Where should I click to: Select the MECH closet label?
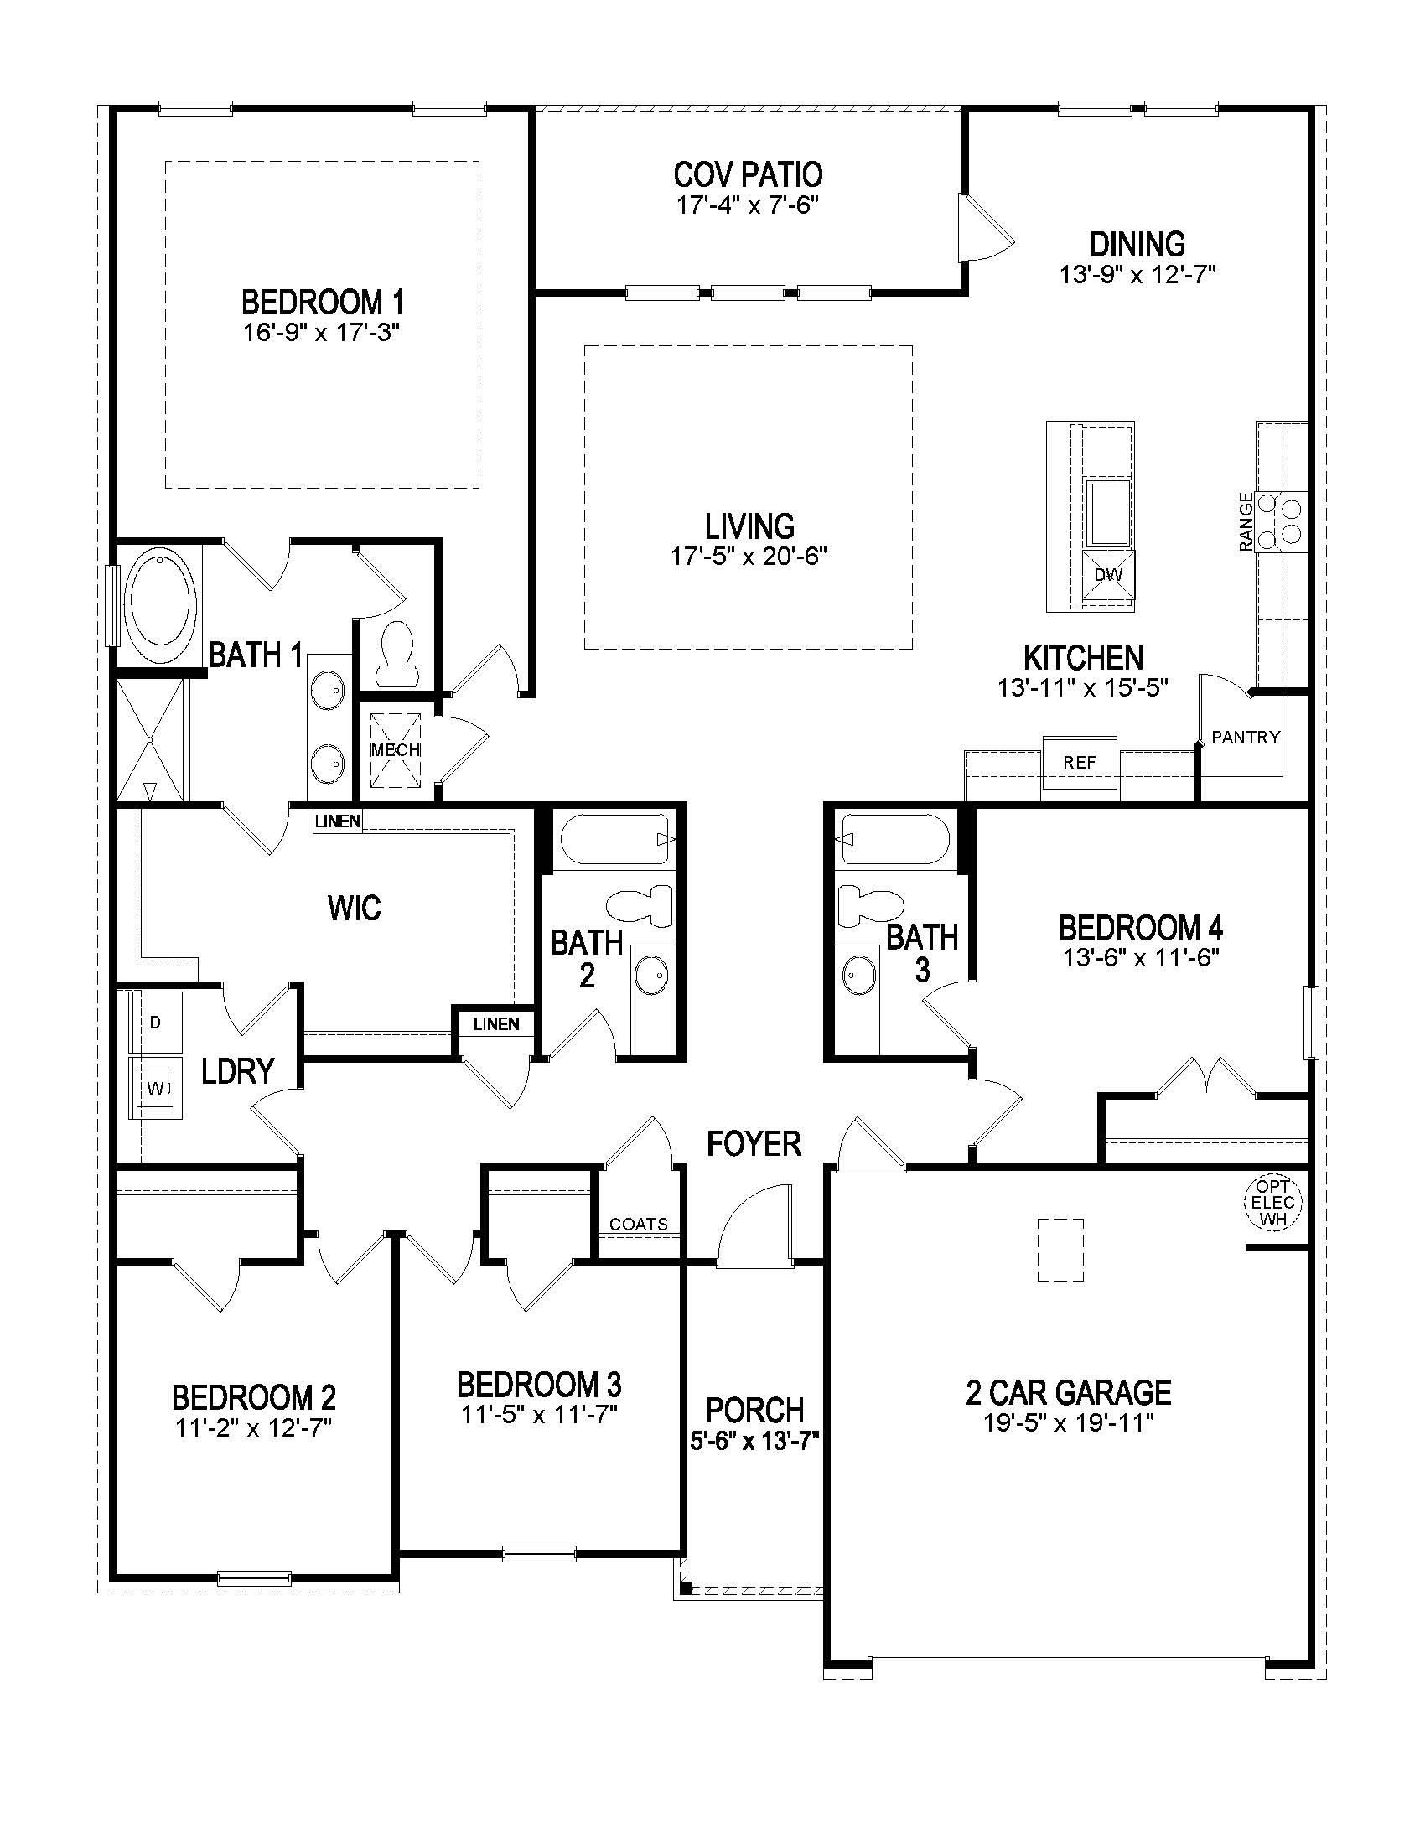click(x=395, y=750)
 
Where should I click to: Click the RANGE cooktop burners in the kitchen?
click(x=1280, y=521)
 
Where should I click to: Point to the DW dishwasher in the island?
click(x=1108, y=576)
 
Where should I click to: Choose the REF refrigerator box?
click(x=1079, y=763)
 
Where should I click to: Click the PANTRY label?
click(x=1245, y=737)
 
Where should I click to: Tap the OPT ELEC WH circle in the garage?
click(x=1272, y=1202)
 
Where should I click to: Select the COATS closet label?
click(x=638, y=1224)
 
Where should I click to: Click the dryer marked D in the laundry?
click(x=155, y=1023)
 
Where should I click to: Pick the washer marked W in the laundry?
click(x=155, y=1088)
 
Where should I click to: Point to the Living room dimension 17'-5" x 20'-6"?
click(x=748, y=557)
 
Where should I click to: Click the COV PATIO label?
click(x=747, y=175)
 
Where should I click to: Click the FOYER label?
click(x=753, y=1144)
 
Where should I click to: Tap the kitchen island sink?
click(x=1108, y=512)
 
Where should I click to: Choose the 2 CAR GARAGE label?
click(x=1068, y=1392)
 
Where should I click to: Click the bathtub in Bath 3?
click(x=895, y=839)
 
